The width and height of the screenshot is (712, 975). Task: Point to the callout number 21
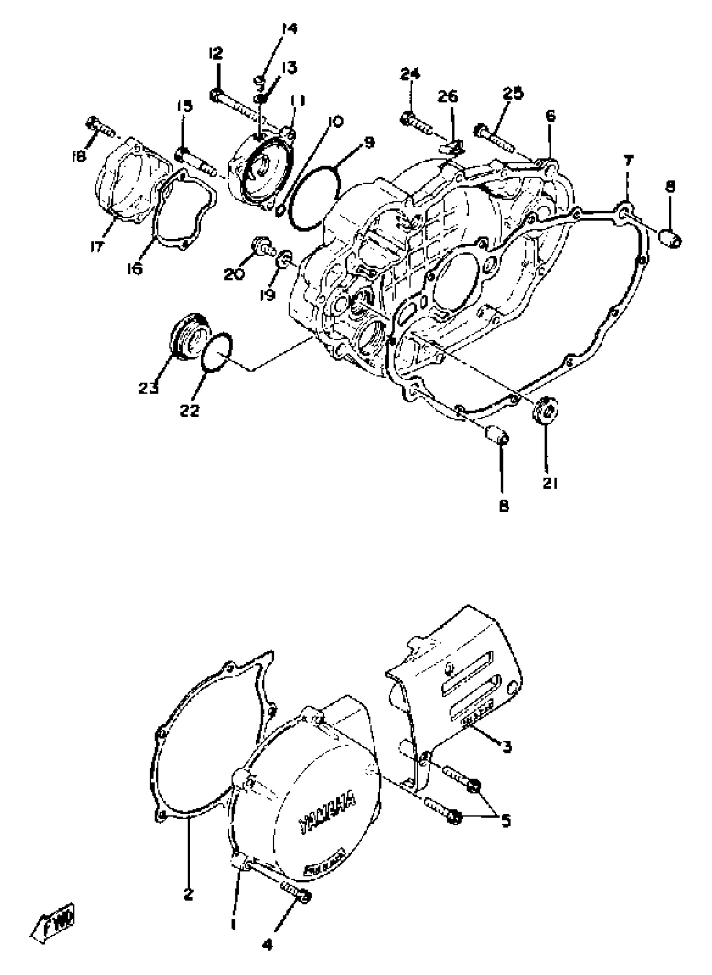pos(550,484)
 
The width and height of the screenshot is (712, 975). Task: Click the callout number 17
pos(98,247)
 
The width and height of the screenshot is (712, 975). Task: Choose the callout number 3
pos(507,747)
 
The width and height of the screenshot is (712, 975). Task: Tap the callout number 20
pos(235,274)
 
